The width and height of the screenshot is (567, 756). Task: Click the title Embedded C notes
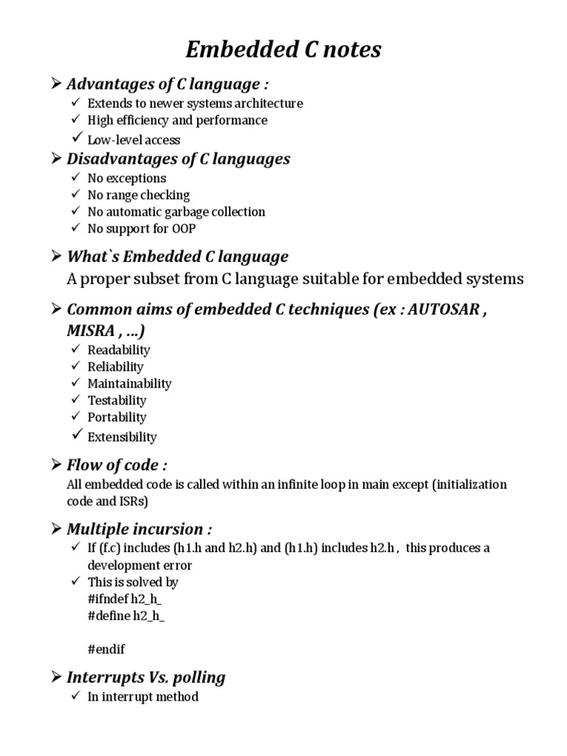click(283, 49)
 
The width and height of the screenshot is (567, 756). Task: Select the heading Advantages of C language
click(162, 84)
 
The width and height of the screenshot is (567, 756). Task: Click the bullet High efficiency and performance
click(177, 120)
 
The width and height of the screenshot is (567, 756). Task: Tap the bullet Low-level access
click(134, 140)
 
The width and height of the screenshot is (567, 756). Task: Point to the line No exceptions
click(126, 178)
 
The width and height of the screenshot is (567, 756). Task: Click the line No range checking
click(138, 195)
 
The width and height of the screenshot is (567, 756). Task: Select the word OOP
click(183, 229)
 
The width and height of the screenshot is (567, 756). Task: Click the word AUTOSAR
click(443, 309)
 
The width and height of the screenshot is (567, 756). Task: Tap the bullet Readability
click(118, 350)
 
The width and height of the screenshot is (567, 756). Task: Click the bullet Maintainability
click(129, 383)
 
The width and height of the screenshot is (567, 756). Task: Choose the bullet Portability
click(117, 417)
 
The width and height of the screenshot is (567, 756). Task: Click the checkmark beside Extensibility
click(77, 436)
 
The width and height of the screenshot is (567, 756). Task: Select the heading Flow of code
click(117, 465)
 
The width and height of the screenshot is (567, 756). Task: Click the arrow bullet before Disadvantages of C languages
click(55, 159)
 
